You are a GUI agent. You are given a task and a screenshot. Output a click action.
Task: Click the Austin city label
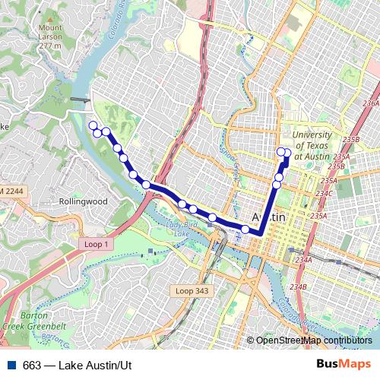[268, 217]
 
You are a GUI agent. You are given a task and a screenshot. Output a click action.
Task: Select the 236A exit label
[371, 103]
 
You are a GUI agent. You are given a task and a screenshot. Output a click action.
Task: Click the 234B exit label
[299, 287]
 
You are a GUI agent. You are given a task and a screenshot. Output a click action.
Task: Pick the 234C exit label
[325, 193]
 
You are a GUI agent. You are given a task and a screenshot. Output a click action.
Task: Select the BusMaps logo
[344, 363]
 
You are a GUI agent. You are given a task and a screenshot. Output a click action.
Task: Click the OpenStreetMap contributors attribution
[313, 340]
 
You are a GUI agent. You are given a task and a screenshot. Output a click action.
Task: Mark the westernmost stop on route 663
[93, 125]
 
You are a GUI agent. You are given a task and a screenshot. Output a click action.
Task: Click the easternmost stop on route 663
[287, 153]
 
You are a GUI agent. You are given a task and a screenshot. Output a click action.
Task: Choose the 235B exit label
[350, 140]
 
